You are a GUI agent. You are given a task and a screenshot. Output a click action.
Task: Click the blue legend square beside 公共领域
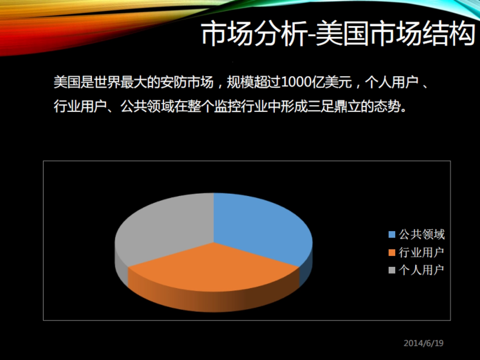(x=392, y=235)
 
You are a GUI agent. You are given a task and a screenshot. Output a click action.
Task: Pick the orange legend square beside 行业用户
(x=392, y=253)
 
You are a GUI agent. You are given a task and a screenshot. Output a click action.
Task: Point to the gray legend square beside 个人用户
(x=392, y=270)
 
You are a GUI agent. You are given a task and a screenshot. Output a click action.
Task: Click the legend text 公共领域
(x=422, y=235)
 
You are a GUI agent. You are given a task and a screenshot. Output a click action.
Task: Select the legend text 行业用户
(x=422, y=253)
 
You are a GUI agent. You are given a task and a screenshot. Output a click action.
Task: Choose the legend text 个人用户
(x=422, y=270)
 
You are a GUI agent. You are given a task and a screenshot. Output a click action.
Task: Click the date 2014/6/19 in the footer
(x=424, y=343)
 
